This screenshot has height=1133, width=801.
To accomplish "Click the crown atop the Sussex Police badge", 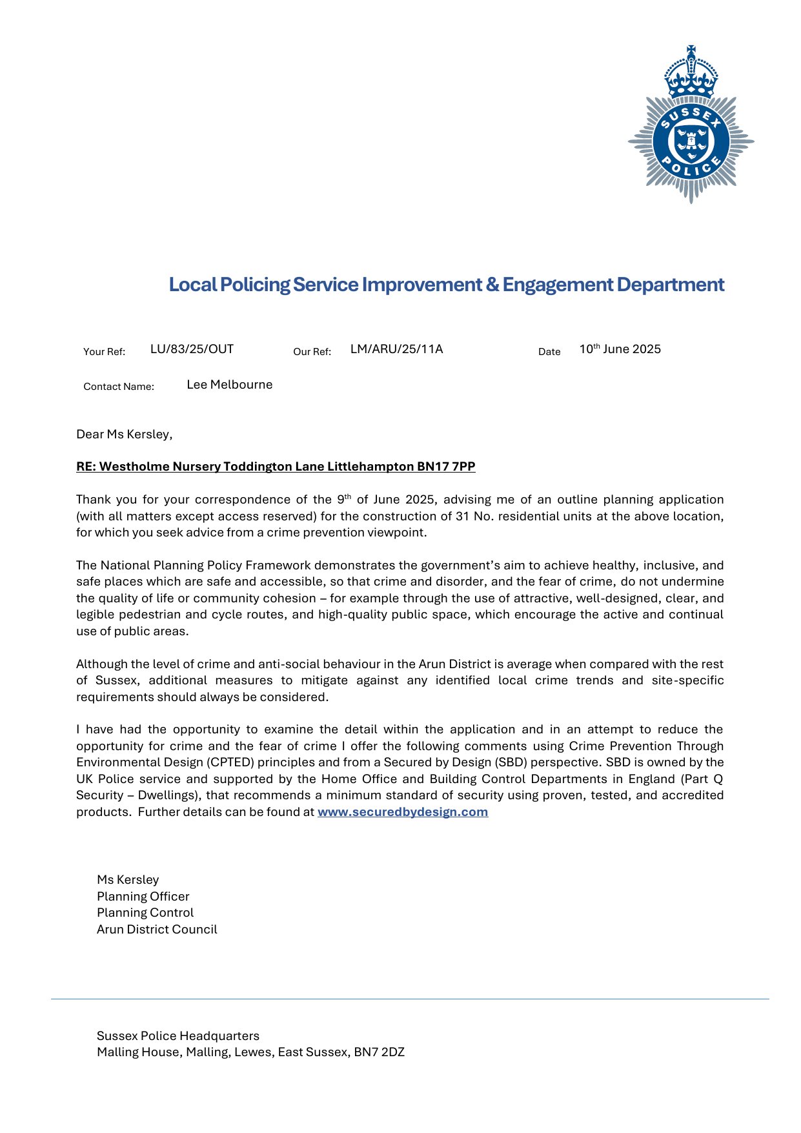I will coord(691,72).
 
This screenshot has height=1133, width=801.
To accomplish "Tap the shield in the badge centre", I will coord(691,141).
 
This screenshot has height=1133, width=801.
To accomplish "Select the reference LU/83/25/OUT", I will coord(192,349).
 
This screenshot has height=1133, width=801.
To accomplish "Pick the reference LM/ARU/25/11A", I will coord(396,349).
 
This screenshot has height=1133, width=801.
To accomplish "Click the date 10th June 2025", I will coord(620,349).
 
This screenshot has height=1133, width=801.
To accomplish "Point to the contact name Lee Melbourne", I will coord(230,385).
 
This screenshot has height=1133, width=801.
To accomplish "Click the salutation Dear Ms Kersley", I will coord(124,434).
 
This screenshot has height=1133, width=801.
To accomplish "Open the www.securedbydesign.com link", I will coord(403,812).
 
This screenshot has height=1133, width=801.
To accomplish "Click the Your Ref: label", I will coord(104,352).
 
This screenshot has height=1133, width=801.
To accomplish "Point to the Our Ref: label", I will coord(312,352).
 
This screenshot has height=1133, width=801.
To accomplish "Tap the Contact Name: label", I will coord(119,387).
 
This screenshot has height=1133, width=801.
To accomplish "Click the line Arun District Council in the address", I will coord(157,930).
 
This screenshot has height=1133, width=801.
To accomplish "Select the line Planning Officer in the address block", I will coord(143,897).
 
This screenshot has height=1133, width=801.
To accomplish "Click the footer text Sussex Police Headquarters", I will coord(178,1036).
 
